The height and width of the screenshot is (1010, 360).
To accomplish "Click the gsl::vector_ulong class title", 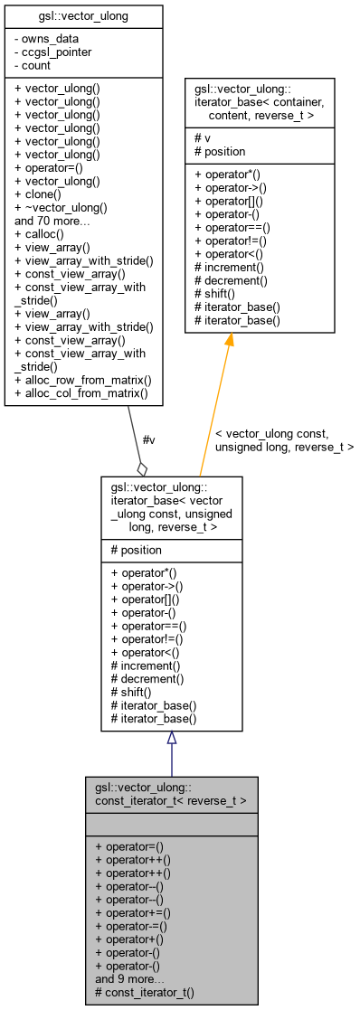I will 84,15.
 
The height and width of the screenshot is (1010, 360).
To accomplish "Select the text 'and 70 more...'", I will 52,220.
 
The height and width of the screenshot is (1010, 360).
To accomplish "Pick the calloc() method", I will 42,233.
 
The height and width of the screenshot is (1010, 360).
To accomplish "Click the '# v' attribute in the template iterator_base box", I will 200,138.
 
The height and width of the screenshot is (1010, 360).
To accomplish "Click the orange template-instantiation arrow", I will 214,407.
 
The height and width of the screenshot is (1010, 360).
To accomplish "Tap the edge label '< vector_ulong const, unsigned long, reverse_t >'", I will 283,440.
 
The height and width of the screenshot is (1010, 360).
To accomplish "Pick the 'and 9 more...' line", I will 129,979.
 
